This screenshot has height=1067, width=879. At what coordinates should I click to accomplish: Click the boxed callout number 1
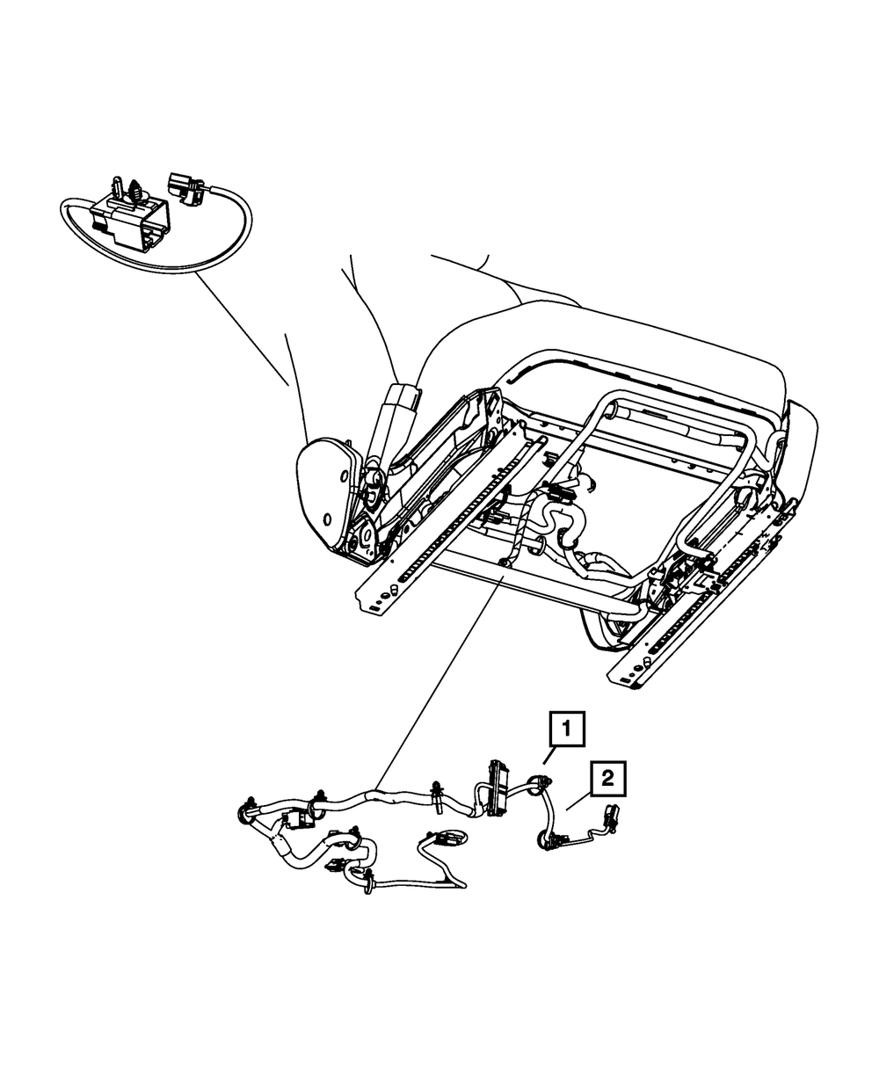click(x=567, y=729)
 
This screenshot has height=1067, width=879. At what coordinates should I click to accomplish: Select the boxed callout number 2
click(x=608, y=777)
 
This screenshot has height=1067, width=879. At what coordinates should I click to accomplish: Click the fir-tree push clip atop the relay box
click(x=135, y=191)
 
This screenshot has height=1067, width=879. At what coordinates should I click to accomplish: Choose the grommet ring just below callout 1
click(x=539, y=781)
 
